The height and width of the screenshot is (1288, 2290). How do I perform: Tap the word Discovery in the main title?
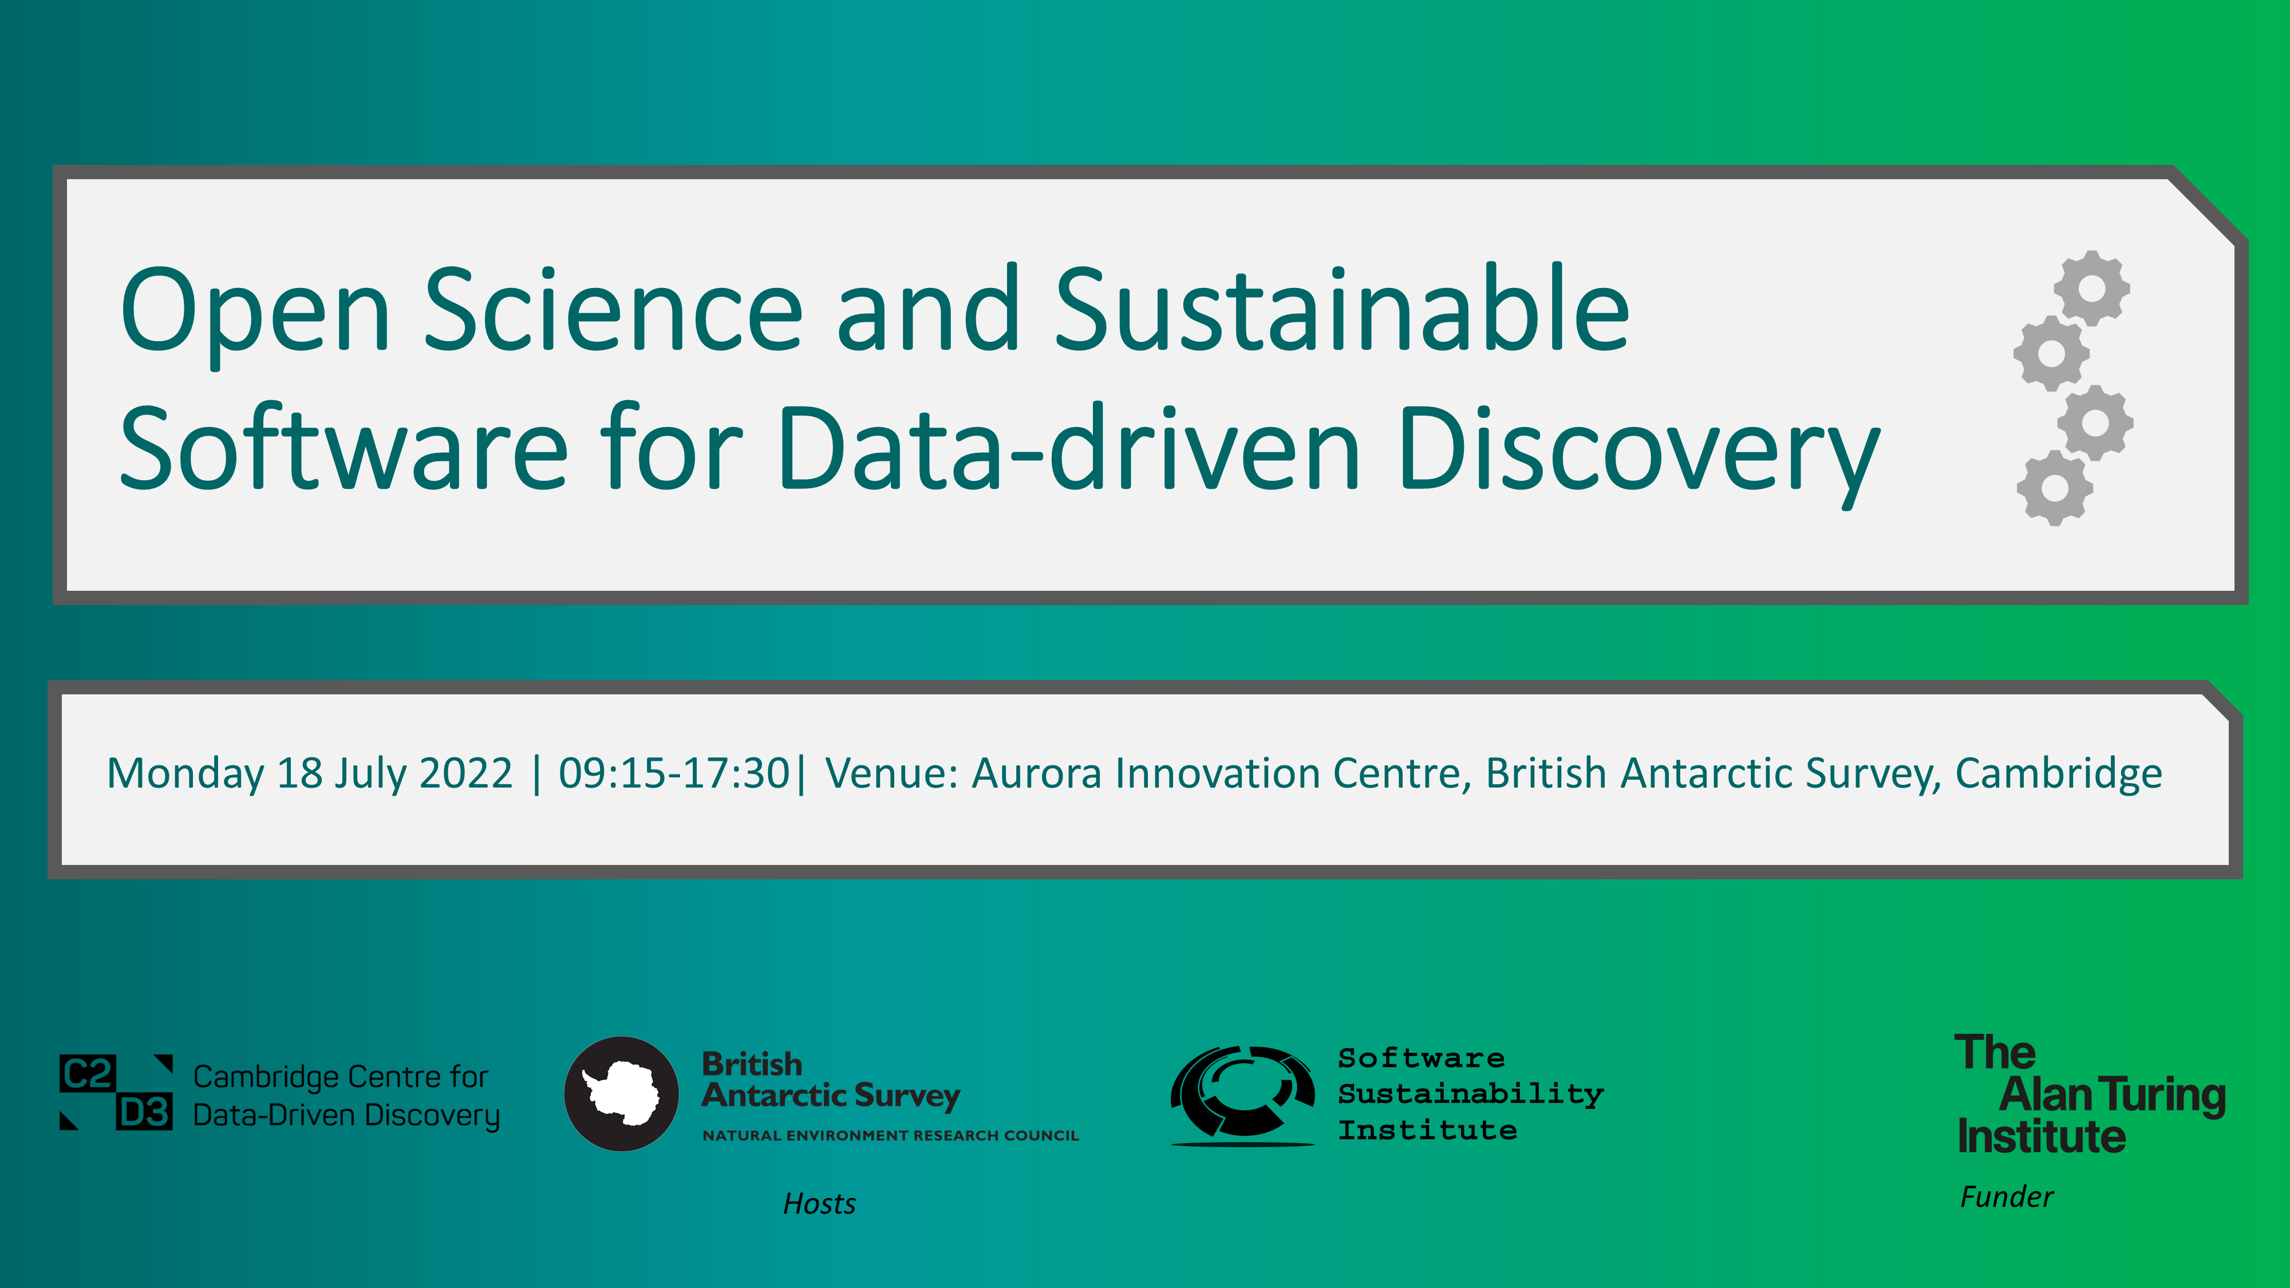(x=1639, y=453)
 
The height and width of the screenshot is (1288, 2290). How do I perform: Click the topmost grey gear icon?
(x=2092, y=288)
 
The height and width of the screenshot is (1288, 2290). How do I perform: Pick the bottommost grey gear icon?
(x=2055, y=487)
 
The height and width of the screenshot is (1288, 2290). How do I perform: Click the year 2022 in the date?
(x=466, y=772)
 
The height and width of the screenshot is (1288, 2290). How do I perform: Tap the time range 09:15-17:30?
(x=674, y=772)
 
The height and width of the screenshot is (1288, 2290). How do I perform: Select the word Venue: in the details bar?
(x=891, y=772)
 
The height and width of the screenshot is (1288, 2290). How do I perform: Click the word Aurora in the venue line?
(x=1037, y=772)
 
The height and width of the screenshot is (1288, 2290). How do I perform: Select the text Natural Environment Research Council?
(x=891, y=1135)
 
